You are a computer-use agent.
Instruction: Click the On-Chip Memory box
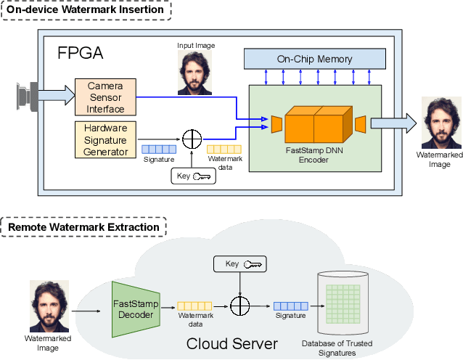[x=314, y=59]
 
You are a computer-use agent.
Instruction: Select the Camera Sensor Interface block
[x=105, y=97]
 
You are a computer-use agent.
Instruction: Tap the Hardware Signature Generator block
[x=105, y=139]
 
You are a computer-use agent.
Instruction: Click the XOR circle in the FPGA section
[x=192, y=138]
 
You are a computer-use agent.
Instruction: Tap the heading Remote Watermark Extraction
[x=83, y=227]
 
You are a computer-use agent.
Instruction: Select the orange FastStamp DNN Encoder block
[x=314, y=124]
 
